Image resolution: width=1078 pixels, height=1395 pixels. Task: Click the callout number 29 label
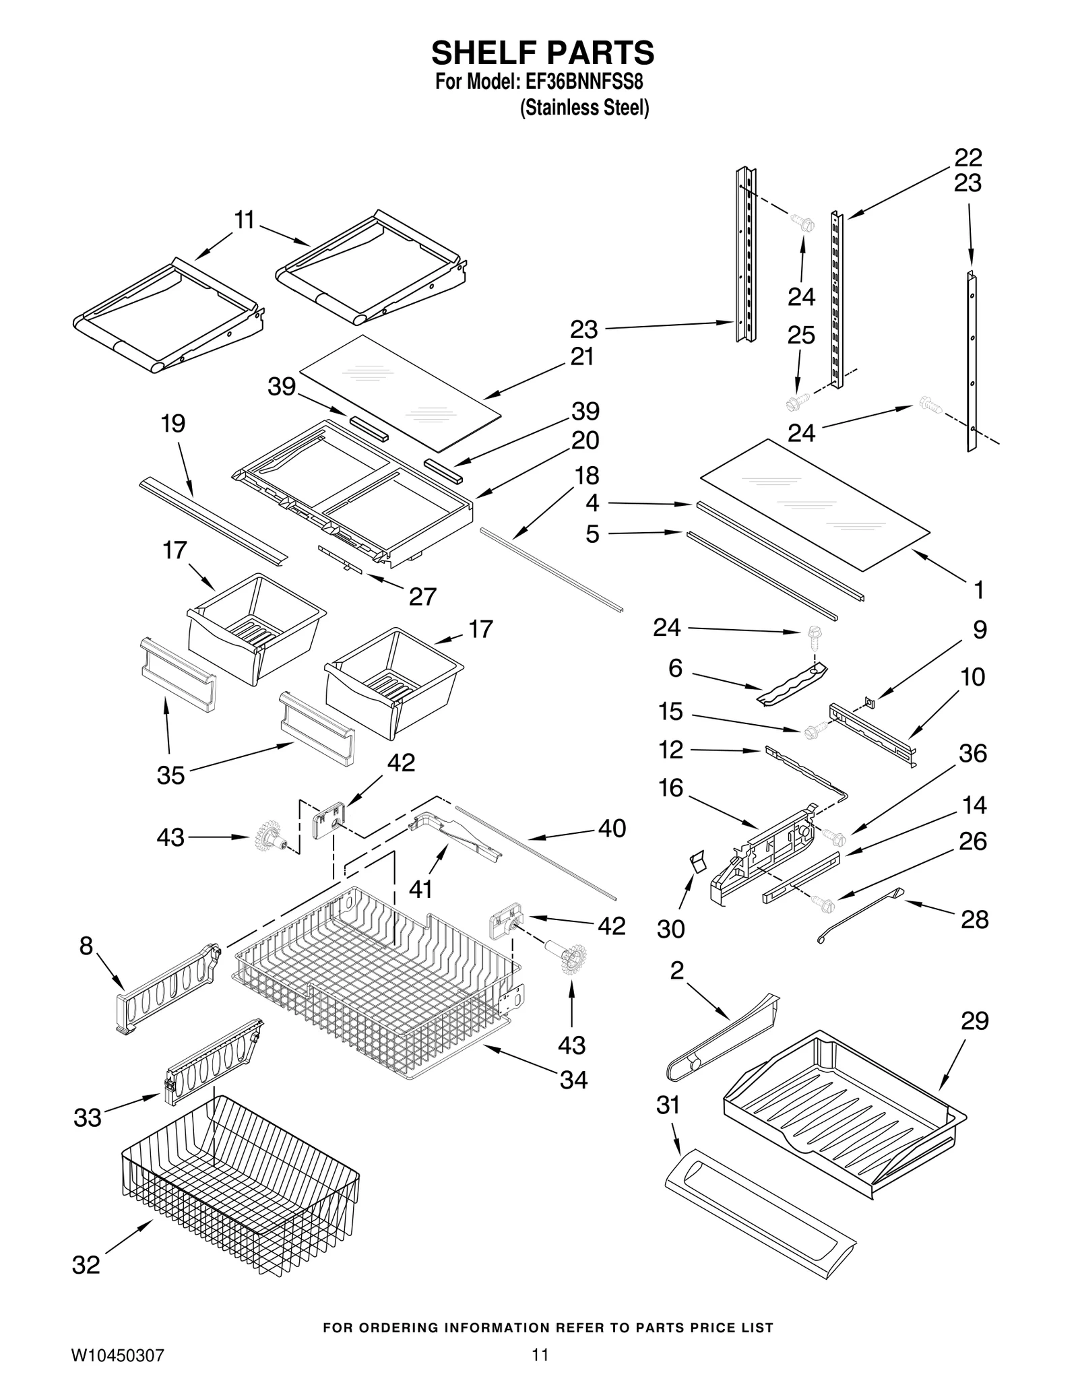[x=974, y=1021]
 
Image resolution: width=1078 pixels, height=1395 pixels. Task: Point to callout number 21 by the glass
[x=582, y=356]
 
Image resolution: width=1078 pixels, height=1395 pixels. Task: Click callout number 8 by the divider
[x=86, y=946]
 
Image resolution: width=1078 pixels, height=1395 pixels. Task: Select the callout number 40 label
[x=612, y=828]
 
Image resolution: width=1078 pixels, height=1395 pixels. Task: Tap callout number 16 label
[x=670, y=787]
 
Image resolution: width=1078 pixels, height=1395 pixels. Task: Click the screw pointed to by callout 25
[x=795, y=403]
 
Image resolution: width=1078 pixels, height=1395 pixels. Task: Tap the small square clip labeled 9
[x=870, y=703]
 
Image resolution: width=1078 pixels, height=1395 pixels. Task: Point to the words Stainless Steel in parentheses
[x=584, y=108]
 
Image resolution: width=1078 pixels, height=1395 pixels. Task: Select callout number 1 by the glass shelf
[x=978, y=590]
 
